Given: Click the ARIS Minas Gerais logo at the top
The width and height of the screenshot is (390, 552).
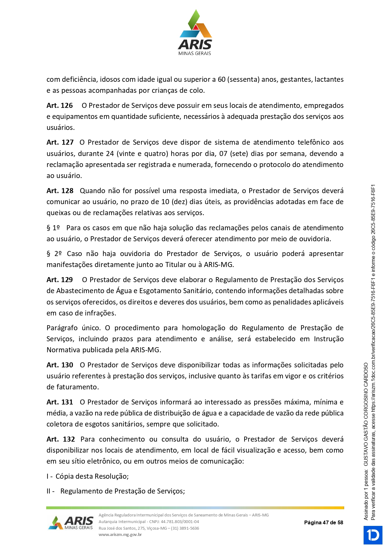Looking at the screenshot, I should [195, 33].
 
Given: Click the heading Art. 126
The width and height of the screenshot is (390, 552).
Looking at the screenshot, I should [60, 106].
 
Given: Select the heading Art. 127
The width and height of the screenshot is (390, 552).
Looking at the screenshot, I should [60, 142].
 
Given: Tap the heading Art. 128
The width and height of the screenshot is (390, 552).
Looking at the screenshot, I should [60, 191].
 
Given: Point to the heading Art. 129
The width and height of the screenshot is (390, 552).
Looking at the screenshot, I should [60, 280].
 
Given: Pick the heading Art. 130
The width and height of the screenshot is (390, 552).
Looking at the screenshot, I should [60, 365].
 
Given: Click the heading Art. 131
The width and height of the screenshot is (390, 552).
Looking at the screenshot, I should [60, 402].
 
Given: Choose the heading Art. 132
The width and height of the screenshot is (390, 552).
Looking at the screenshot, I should [61, 439].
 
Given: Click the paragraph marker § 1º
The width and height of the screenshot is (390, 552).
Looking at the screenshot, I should [53, 228].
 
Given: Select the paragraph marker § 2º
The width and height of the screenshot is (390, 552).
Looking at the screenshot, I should [54, 254].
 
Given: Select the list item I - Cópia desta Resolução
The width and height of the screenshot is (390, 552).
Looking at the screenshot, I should [88, 477].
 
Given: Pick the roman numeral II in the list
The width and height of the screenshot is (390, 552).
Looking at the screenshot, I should [49, 491].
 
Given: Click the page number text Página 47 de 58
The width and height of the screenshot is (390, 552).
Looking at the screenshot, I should [323, 523].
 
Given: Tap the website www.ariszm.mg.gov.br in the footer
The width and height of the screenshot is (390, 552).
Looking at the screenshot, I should [120, 534].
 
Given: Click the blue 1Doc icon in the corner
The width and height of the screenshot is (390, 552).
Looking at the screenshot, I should [373, 535].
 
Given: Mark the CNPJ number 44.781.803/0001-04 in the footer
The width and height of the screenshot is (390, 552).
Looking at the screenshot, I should [180, 521].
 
